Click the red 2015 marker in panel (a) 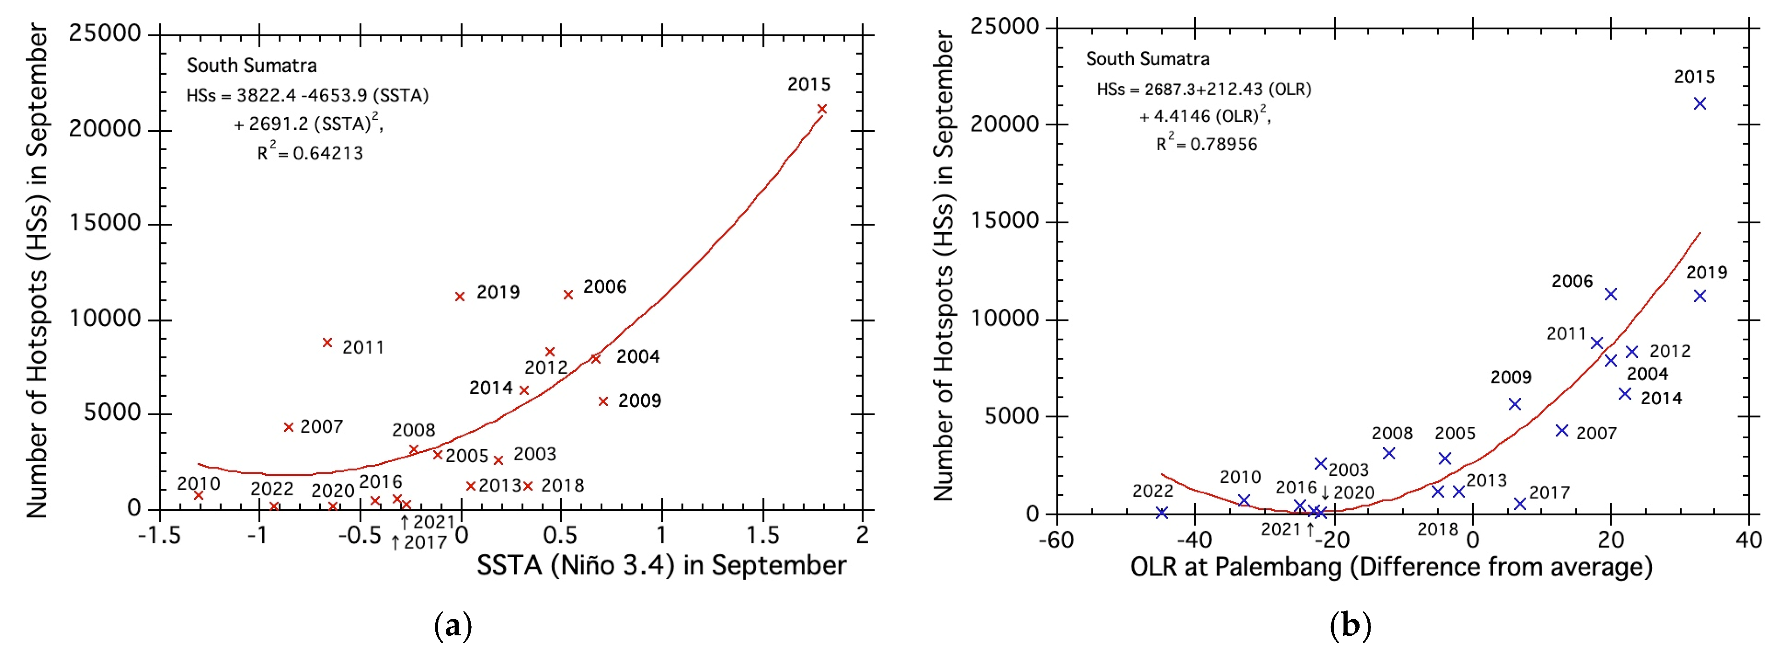click(x=822, y=108)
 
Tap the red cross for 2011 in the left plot click(x=327, y=343)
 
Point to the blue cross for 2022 click(x=1162, y=513)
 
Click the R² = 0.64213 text click(x=310, y=152)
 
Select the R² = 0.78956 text click(x=1207, y=143)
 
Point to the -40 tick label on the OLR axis click(x=1195, y=539)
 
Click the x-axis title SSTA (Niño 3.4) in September click(x=661, y=566)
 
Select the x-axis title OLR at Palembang click(x=1390, y=567)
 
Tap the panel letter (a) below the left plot click(x=453, y=626)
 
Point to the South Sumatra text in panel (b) click(x=1147, y=59)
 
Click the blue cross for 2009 click(x=1514, y=404)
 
